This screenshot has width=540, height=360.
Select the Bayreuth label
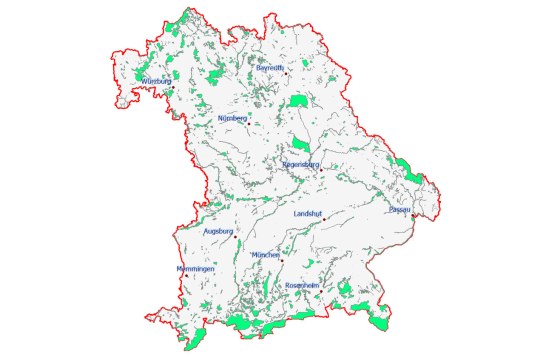pos(270,67)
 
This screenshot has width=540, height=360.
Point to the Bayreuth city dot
pos(286,73)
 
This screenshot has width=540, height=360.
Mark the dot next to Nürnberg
pos(248,124)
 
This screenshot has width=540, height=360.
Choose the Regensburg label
pos(300,163)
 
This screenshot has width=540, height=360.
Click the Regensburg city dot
pos(320,170)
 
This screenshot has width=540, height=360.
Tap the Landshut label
pos(308,213)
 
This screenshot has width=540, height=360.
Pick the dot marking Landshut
pos(324,219)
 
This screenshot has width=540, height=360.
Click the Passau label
pos(398,209)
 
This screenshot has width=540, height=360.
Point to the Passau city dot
pos(413,213)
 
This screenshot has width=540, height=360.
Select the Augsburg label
pos(217,231)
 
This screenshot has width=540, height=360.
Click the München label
pos(266,255)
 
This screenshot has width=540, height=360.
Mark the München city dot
pos(282,261)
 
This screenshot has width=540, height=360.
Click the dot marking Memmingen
pos(187,277)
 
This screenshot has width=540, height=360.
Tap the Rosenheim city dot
pos(321,292)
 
